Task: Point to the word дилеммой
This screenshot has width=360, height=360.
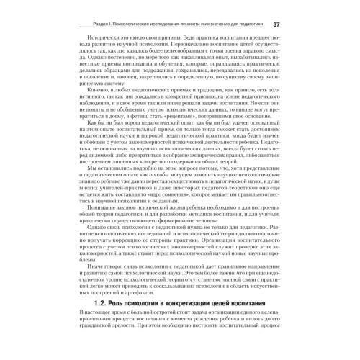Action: pos(100,174)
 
